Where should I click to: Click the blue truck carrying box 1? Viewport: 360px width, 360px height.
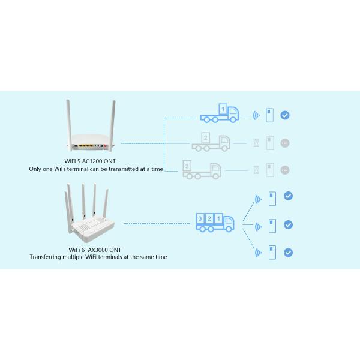pyautogui.click(x=219, y=112)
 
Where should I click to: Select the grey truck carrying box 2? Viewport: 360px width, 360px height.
pyautogui.click(x=210, y=142)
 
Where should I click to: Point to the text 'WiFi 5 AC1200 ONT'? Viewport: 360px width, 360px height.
pyautogui.click(x=88, y=161)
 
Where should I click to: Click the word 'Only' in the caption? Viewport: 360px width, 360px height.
pyautogui.click(x=35, y=169)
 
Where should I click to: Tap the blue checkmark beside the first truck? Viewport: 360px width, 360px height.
pyautogui.click(x=285, y=115)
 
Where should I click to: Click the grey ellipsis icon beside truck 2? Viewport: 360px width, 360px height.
pyautogui.click(x=285, y=143)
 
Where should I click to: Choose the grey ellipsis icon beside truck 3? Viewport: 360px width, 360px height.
pyautogui.click(x=285, y=170)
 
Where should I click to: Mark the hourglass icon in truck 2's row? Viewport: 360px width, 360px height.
pyautogui.click(x=256, y=143)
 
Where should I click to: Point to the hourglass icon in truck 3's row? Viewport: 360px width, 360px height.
pyautogui.click(x=256, y=170)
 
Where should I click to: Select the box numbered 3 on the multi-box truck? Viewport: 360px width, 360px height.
pyautogui.click(x=200, y=219)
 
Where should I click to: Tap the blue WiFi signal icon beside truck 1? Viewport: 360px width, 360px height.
pyautogui.click(x=256, y=115)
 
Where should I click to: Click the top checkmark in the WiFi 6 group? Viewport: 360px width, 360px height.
pyautogui.click(x=288, y=196)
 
